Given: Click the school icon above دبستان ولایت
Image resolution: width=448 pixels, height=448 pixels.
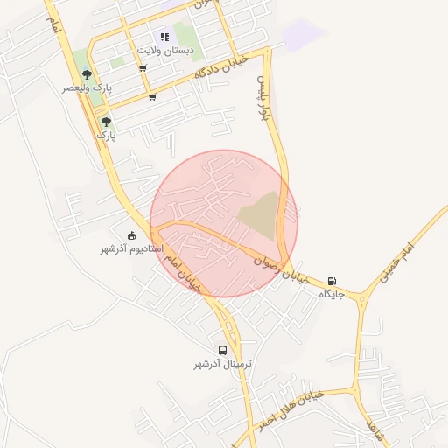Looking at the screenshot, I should (x=164, y=37).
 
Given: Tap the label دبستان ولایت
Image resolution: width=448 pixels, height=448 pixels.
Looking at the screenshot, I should (x=166, y=52).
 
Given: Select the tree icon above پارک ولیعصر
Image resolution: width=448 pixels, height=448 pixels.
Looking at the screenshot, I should (x=86, y=74).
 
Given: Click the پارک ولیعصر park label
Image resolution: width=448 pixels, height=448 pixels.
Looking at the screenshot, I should (x=87, y=88).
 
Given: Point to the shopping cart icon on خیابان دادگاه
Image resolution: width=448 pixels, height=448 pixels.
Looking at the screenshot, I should (x=153, y=97).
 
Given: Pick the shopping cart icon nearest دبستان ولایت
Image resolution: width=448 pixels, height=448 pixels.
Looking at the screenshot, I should (x=142, y=67).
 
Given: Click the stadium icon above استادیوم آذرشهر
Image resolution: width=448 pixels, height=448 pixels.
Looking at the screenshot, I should (x=132, y=234).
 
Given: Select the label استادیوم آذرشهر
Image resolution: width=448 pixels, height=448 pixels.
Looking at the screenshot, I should (x=131, y=249).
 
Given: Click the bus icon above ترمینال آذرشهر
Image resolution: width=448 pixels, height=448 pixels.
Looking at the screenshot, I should (x=223, y=349).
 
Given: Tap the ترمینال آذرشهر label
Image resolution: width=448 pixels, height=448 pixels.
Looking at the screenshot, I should (x=223, y=363).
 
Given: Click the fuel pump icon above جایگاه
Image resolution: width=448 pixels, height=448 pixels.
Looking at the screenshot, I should (x=332, y=281).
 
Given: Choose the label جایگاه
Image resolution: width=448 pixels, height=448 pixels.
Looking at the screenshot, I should (x=332, y=295).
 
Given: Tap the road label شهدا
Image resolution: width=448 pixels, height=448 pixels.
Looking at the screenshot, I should (x=376, y=430).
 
